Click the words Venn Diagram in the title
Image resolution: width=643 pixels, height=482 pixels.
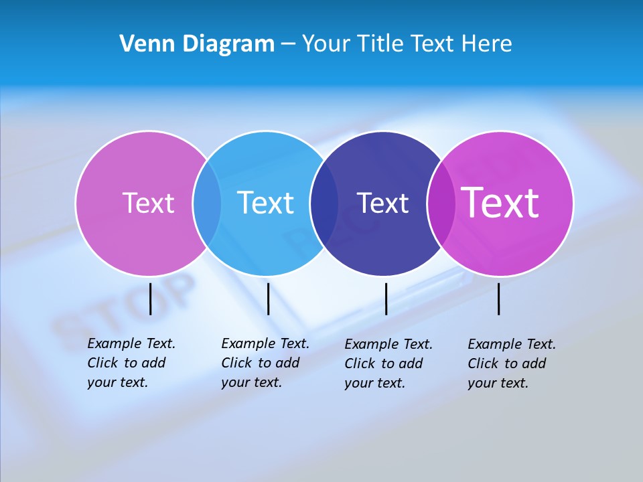197,44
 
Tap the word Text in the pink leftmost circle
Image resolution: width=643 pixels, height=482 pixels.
148,203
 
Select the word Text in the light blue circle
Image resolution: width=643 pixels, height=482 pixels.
266,203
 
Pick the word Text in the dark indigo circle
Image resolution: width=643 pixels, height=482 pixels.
382,203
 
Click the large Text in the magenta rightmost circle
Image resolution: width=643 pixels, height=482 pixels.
500,203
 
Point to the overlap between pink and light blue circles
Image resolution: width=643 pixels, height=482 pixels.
207,203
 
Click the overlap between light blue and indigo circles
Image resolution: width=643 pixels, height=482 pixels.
324,203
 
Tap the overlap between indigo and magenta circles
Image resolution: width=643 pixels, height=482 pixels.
441,203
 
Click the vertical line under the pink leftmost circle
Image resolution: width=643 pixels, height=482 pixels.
150,299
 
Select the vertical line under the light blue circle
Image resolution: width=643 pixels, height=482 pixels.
268,299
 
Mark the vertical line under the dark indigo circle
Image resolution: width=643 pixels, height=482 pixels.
386,299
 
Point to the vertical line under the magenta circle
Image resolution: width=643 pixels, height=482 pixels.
498,299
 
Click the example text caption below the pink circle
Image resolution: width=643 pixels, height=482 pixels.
131,363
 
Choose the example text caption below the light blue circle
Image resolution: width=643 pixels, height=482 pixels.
265,363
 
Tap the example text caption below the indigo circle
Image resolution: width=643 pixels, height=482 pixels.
388,364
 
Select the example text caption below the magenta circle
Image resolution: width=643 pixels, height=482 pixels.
511,364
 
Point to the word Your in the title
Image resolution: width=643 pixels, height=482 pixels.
326,44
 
